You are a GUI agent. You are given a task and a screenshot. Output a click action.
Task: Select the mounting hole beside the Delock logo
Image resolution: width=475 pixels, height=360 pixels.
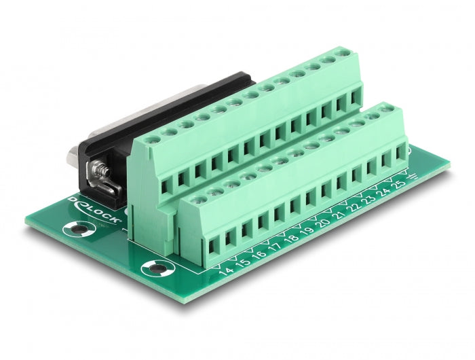click(x=79, y=230)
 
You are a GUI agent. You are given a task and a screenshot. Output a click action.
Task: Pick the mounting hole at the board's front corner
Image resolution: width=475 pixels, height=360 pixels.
click(x=157, y=268)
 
